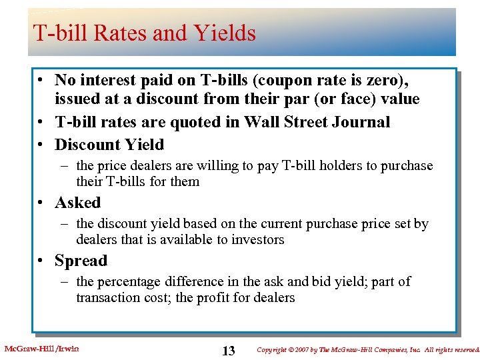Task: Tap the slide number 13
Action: [x=229, y=351]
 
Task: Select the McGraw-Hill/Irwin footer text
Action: [x=41, y=349]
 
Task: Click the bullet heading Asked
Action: [x=77, y=203]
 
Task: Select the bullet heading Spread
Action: [x=81, y=261]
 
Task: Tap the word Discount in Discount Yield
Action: [x=86, y=145]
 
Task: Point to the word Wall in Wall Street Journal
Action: [x=260, y=122]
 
